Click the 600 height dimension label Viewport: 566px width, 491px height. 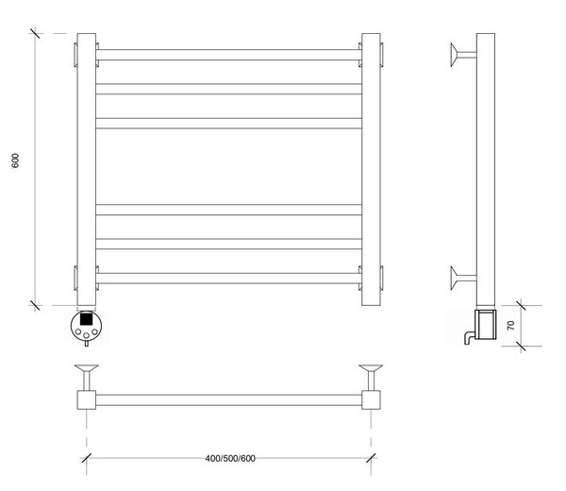(x=15, y=161)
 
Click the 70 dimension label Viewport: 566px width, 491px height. (x=510, y=325)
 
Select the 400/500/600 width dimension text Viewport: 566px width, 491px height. (x=230, y=459)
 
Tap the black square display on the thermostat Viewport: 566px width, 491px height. (x=86, y=319)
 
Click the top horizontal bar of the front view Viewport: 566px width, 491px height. (x=229, y=55)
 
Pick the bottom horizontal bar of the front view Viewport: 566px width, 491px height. (x=229, y=279)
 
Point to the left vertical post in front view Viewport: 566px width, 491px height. (x=86, y=169)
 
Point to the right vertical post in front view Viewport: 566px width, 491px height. (x=371, y=169)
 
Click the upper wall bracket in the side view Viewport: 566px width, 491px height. (x=463, y=55)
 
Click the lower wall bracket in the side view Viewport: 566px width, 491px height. (x=463, y=279)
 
